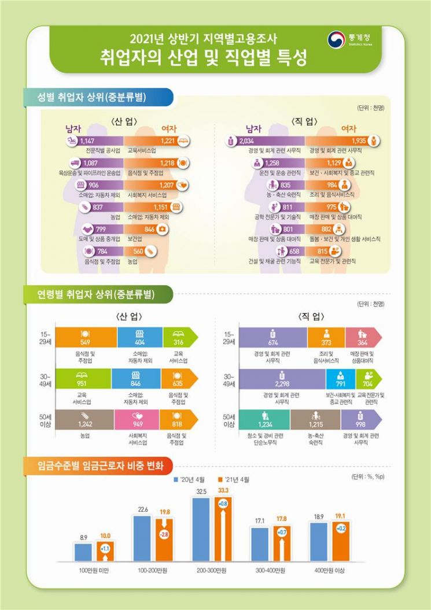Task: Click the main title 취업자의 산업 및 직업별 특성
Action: pyautogui.click(x=202, y=58)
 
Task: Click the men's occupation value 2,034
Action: pyautogui.click(x=246, y=141)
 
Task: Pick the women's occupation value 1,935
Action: pyautogui.click(x=359, y=141)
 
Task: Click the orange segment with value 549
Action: pyautogui.click(x=85, y=337)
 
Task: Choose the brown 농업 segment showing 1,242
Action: pyautogui.click(x=84, y=419)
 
